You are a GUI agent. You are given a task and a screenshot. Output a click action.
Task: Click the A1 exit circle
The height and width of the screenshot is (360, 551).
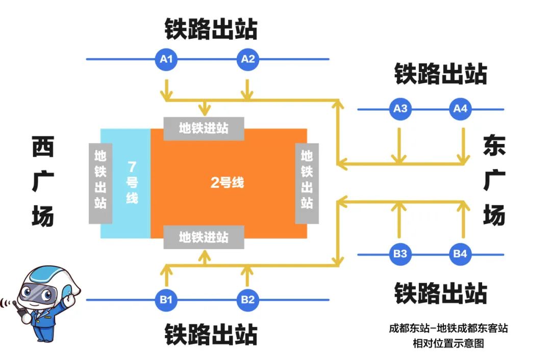tap(166, 59)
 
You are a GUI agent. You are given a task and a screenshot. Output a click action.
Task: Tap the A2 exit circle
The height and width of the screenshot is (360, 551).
tap(247, 59)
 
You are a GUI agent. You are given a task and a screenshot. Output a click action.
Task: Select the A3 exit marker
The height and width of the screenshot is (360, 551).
tap(400, 109)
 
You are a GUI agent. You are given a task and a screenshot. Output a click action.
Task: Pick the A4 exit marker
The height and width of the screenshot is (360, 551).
tap(461, 109)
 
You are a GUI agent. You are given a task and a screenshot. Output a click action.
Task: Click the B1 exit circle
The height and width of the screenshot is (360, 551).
tap(166, 300)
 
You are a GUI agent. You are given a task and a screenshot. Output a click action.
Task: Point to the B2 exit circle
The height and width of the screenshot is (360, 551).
tap(247, 300)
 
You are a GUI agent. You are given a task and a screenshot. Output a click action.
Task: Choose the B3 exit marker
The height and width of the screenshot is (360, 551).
tap(400, 254)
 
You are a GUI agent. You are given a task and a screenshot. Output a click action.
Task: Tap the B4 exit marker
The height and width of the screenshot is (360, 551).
tap(461, 254)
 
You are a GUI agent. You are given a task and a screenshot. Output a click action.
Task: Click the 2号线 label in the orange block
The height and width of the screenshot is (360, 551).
tap(228, 183)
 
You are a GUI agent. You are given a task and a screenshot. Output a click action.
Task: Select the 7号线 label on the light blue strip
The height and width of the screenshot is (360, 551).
tap(132, 182)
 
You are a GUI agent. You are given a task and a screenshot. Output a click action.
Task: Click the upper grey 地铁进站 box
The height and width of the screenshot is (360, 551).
tap(204, 128)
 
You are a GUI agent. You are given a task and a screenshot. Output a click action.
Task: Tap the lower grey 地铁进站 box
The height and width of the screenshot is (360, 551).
tap(204, 237)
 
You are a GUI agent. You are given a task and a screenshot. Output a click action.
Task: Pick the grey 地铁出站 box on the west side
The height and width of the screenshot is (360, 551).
tap(101, 183)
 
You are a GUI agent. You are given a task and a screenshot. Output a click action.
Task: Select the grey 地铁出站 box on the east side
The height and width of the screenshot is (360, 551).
tap(307, 183)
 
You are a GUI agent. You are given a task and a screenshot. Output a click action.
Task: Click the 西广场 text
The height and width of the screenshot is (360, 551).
tap(42, 182)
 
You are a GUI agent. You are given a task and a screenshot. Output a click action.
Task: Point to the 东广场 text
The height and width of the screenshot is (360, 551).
tap(494, 182)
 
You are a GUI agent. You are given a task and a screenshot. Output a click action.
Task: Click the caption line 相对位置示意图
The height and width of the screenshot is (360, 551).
tap(447, 343)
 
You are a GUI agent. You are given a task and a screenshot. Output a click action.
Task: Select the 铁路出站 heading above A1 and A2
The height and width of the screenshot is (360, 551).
tap(211, 29)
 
